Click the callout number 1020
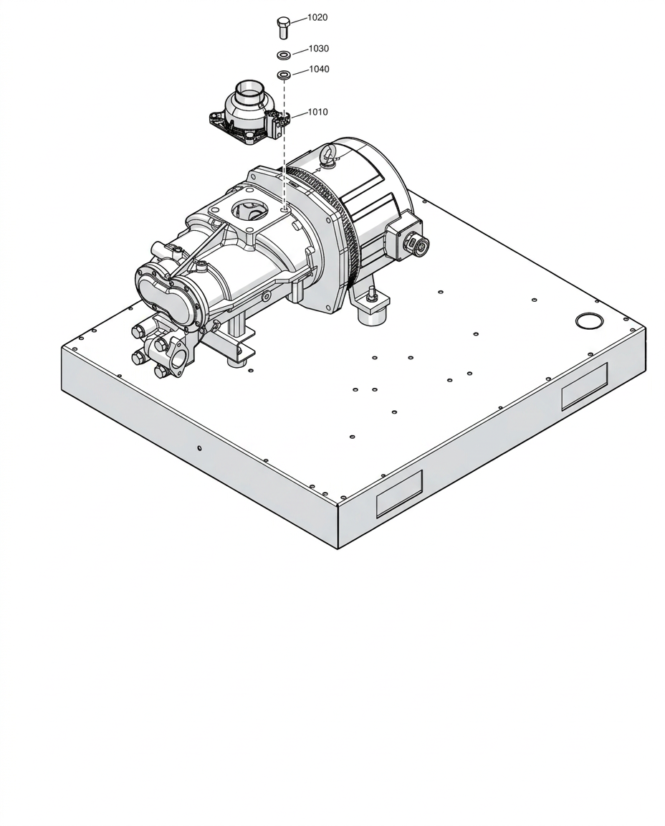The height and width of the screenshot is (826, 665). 317,17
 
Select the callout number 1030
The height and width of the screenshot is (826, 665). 319,49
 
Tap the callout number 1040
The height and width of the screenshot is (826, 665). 319,69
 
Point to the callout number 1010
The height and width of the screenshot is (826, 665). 317,112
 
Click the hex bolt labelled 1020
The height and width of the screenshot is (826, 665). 283,27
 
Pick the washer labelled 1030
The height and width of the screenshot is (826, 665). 284,54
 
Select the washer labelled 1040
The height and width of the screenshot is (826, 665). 284,75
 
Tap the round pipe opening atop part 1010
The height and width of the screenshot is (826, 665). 249,86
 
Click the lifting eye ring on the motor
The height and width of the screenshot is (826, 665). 328,156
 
